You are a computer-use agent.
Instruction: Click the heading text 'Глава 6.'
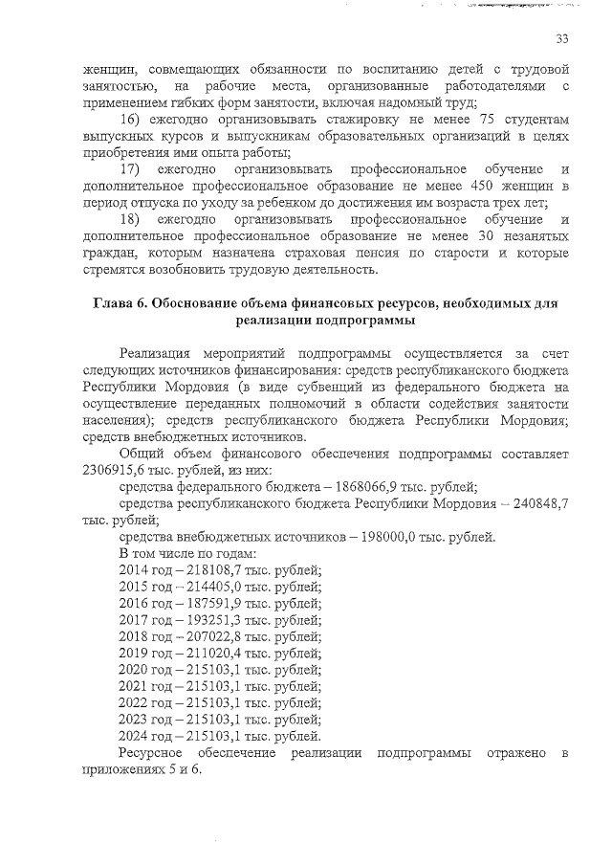[120, 303]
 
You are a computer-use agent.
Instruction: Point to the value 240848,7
[540, 503]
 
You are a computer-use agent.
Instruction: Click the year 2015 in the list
[133, 587]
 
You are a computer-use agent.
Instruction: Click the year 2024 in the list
[133, 736]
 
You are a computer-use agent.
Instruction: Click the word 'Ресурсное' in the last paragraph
[152, 753]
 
